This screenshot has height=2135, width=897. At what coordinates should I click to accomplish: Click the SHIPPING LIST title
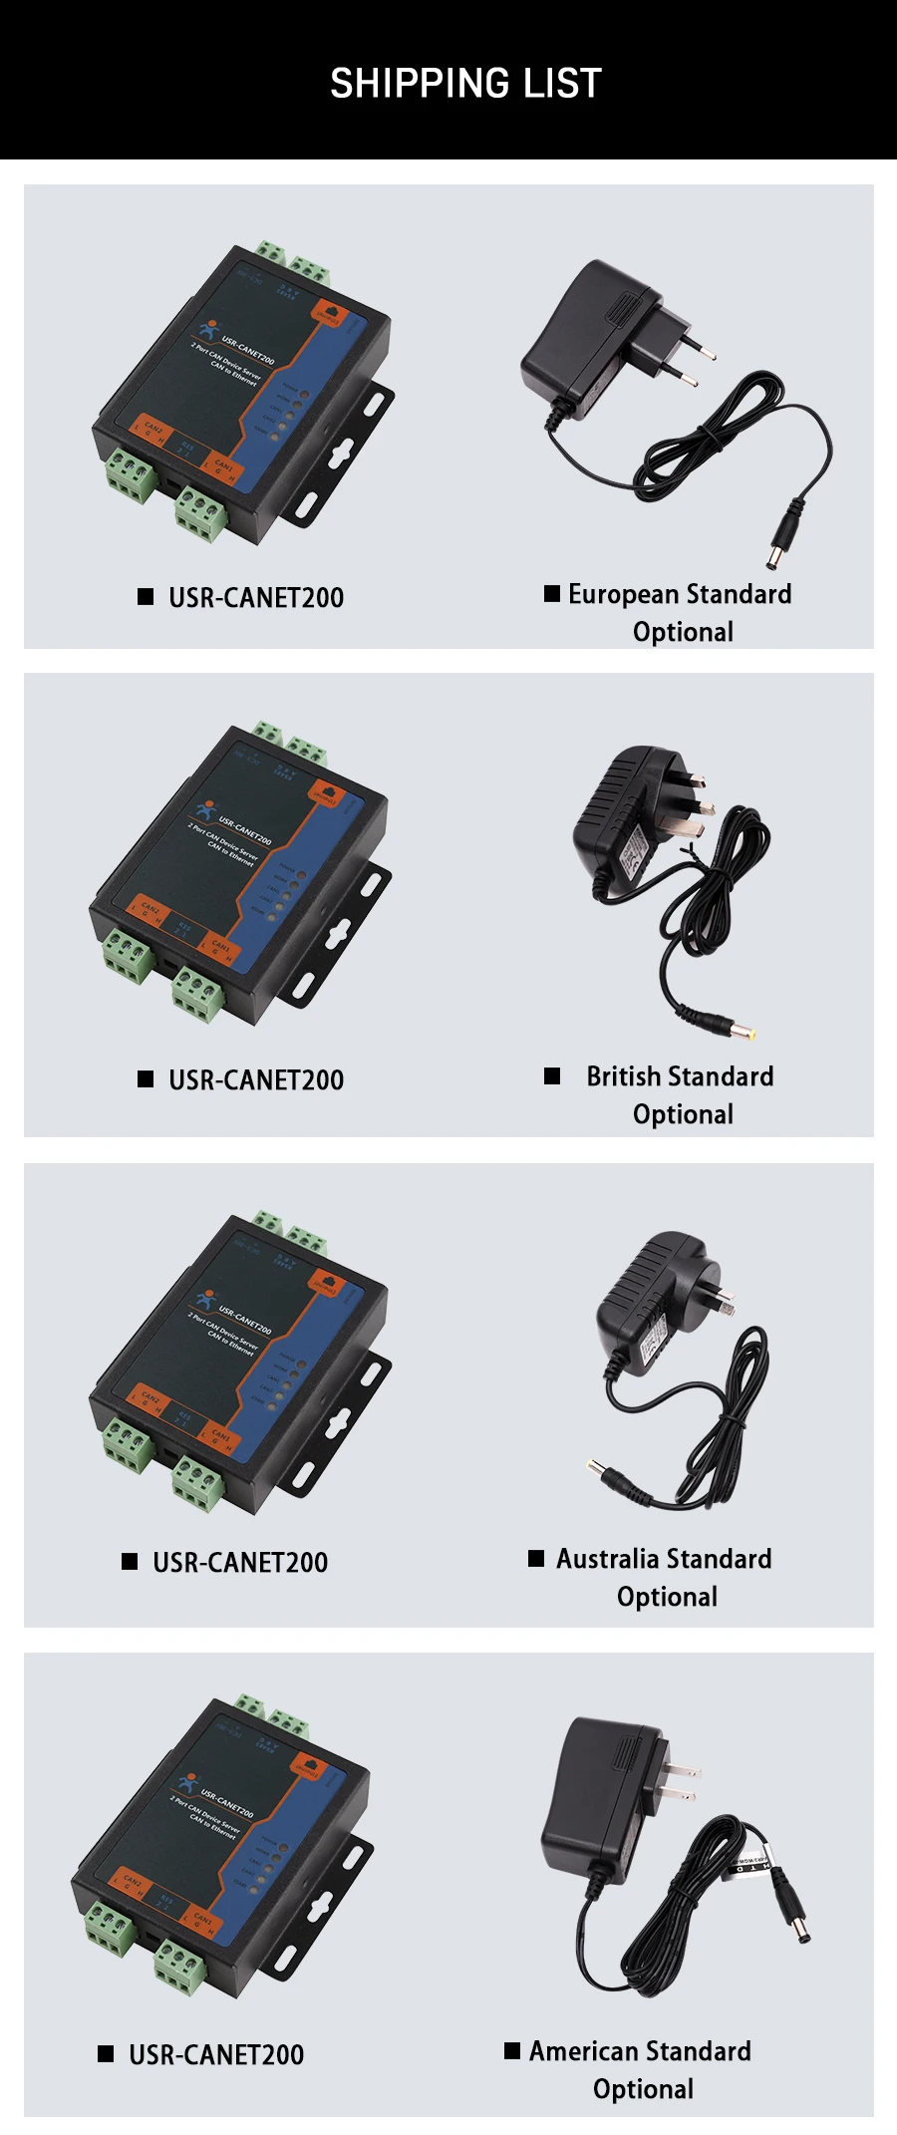465,84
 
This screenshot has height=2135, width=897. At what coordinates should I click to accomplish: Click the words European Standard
680,594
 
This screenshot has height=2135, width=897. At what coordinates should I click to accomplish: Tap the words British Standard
680,1076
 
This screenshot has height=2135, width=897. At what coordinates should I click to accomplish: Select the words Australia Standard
664,1559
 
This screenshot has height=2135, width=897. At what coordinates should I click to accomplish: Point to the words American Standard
640,2051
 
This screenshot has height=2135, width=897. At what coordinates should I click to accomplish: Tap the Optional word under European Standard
683,632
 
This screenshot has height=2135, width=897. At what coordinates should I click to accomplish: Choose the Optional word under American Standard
643,2089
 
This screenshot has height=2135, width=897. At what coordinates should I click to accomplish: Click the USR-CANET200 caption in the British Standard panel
256,1080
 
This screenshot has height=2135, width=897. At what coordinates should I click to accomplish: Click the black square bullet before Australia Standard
536,1558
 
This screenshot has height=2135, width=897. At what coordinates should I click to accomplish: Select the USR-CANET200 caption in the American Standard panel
216,2055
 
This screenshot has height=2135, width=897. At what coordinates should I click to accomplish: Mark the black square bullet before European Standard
552,594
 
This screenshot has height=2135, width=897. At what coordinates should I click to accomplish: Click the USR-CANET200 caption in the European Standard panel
256,598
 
